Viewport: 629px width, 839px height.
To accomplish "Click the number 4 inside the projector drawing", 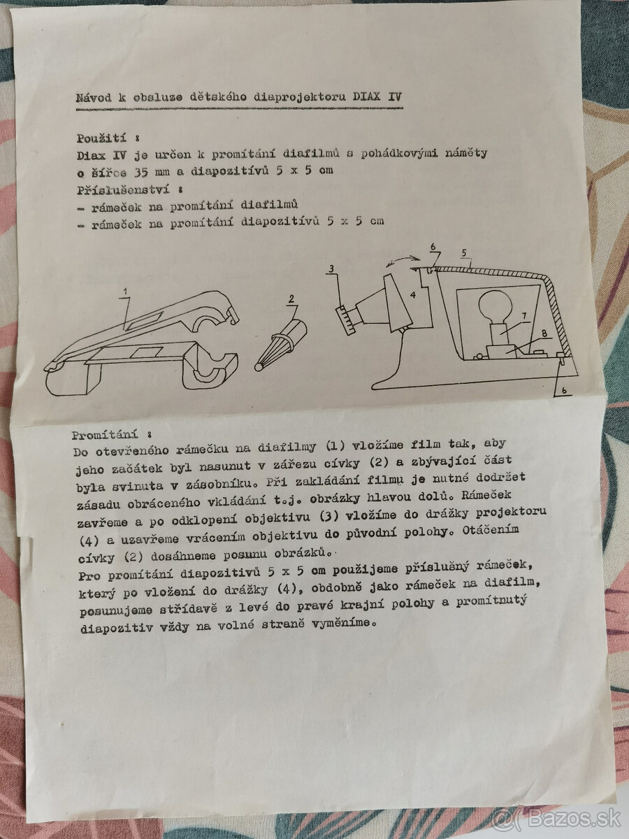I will pos(412,294).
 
